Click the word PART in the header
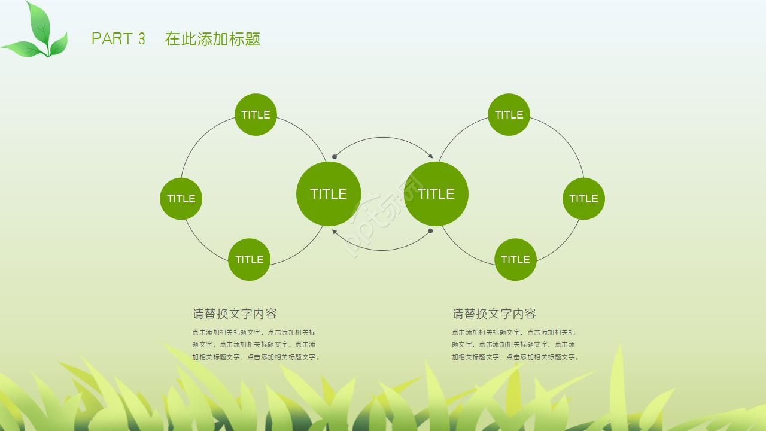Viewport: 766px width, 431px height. coord(111,39)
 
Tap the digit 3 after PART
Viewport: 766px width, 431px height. coord(142,39)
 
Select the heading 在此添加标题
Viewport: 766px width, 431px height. coord(212,39)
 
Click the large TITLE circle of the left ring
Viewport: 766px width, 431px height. coord(329,194)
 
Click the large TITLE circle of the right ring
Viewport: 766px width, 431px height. coord(436,194)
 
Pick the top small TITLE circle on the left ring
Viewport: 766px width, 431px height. coord(256,114)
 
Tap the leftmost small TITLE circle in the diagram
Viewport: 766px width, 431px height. coord(181,199)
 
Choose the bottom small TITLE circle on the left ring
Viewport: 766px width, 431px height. coord(249,259)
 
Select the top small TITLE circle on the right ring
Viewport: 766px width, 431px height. coord(509,114)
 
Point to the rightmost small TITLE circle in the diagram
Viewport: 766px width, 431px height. coord(583,199)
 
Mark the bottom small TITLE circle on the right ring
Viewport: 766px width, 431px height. coord(515,259)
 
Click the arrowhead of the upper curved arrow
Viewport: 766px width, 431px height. coord(431,156)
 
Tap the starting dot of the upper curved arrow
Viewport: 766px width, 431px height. coord(335,157)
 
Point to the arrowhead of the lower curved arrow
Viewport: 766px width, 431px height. coord(334,232)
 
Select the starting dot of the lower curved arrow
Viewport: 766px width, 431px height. coord(430,230)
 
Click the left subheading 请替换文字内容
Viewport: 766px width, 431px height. coord(235,314)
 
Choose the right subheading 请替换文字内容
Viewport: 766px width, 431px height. coord(494,314)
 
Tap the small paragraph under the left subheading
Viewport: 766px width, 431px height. coord(256,345)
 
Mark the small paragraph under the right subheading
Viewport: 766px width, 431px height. coord(515,345)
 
